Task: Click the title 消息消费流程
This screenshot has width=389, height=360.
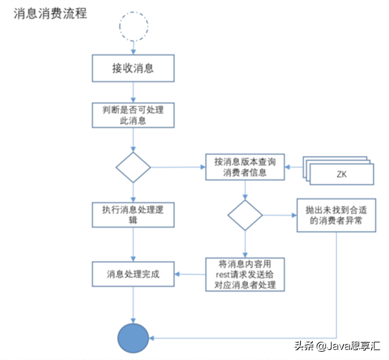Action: click(50, 13)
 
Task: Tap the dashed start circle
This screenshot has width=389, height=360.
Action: click(133, 26)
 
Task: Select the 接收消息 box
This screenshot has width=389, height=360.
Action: click(133, 68)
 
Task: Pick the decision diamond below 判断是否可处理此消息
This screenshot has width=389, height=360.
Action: click(133, 167)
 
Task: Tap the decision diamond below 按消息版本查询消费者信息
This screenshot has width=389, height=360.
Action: click(245, 215)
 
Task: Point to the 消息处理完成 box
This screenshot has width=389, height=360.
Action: click(133, 274)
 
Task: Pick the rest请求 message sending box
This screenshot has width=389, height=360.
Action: click(245, 274)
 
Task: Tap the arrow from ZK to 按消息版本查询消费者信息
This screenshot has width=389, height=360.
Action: click(293, 167)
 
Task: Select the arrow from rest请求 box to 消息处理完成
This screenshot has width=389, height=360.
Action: click(190, 274)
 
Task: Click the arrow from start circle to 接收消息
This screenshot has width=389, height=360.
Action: click(133, 48)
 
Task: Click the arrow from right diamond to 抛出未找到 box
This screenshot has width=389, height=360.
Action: click(279, 215)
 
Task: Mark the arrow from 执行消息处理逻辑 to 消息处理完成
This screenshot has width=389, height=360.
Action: click(133, 245)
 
